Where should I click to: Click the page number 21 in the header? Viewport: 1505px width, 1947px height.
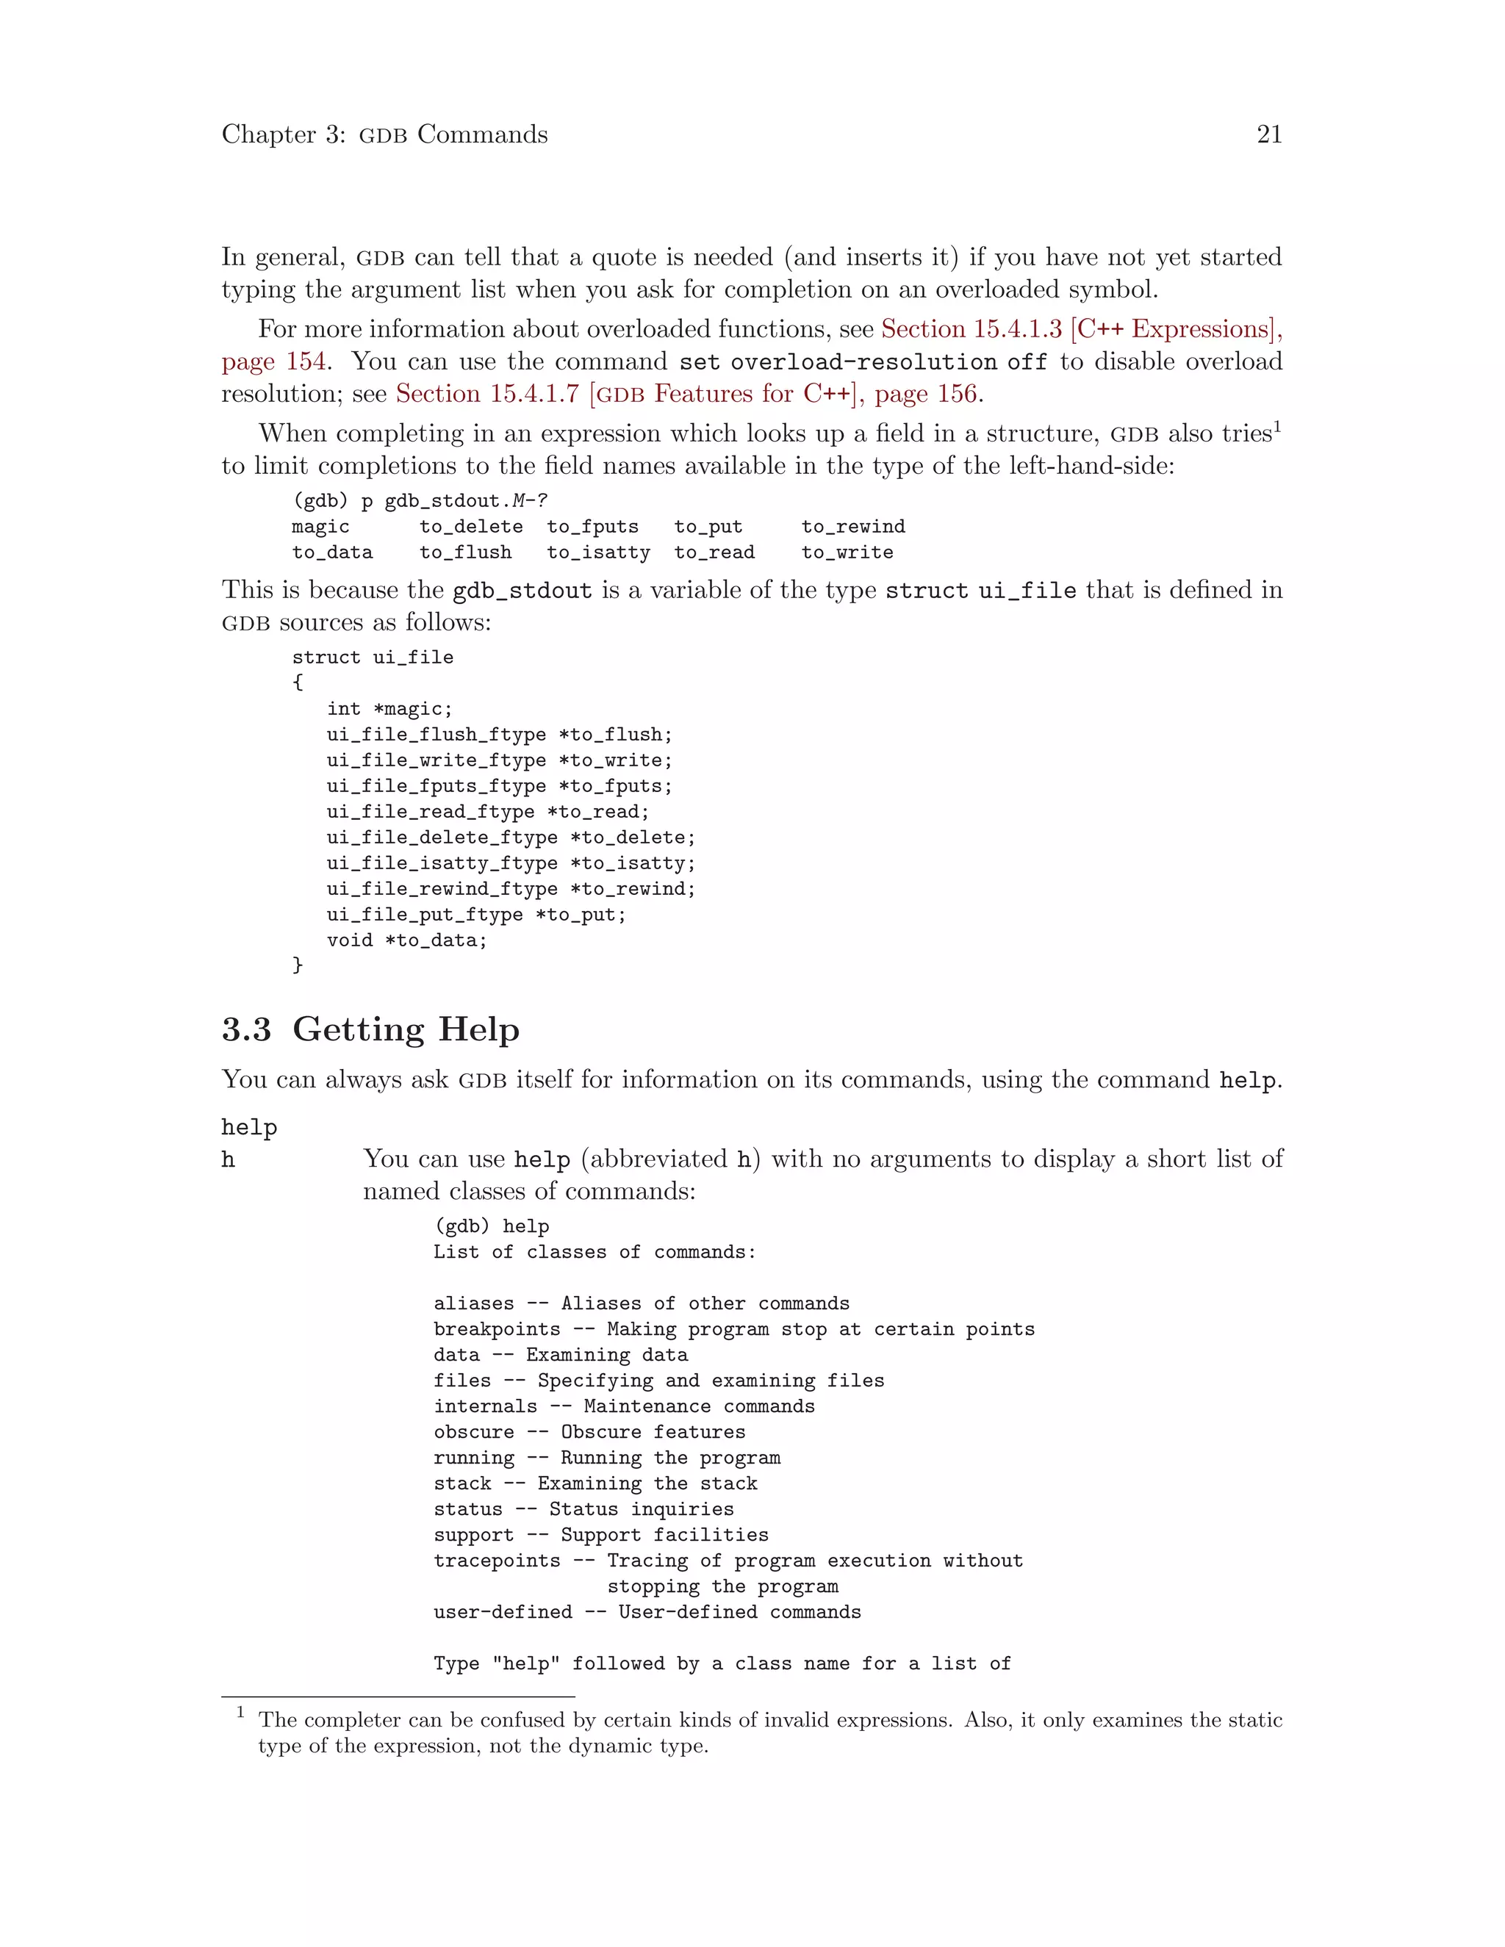point(1268,134)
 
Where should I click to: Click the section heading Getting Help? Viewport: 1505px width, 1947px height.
point(406,1029)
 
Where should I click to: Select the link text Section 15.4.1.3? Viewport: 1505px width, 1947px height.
point(971,329)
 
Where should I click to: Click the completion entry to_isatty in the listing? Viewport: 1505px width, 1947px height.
point(598,553)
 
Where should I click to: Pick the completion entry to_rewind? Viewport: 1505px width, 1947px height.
point(852,527)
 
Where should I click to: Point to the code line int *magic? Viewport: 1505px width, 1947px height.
point(389,709)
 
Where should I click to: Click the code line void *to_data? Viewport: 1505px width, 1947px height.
point(406,940)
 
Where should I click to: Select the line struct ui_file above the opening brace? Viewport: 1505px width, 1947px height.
point(373,657)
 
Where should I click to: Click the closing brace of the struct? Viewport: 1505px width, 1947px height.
point(298,965)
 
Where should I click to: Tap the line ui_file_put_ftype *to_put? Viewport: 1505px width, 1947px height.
point(476,915)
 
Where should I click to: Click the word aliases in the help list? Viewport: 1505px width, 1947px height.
point(473,1303)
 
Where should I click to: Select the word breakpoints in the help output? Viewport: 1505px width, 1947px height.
point(497,1329)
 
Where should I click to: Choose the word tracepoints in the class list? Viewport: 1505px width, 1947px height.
point(497,1561)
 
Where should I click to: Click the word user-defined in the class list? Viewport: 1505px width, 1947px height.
point(503,1612)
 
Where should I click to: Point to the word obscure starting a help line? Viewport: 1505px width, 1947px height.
point(473,1432)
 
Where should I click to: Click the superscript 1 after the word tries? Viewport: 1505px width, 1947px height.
point(1276,426)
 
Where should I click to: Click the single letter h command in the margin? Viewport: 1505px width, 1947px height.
point(229,1160)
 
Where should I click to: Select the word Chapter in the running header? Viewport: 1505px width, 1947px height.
point(269,134)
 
